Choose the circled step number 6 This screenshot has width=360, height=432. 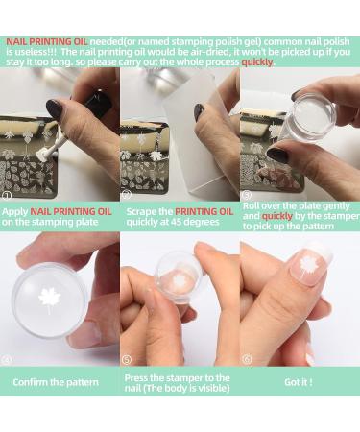point(248,360)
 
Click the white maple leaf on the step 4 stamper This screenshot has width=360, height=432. point(50,300)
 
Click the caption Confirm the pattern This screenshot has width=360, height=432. point(55,382)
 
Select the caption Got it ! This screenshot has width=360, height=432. point(299,382)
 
